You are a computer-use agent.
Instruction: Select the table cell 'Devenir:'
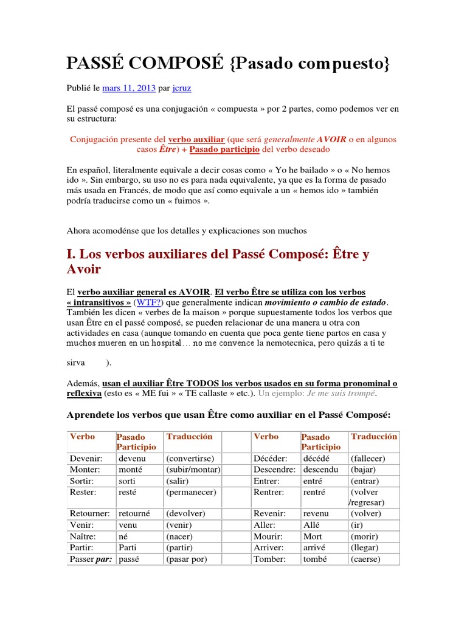86,459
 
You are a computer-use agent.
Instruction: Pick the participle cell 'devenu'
133,459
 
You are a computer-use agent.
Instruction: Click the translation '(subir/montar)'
193,470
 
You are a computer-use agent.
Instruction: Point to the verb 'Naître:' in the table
85,536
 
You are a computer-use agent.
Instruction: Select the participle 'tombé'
316,559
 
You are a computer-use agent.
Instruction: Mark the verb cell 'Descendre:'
274,470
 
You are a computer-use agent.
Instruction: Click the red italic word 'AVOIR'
331,138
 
